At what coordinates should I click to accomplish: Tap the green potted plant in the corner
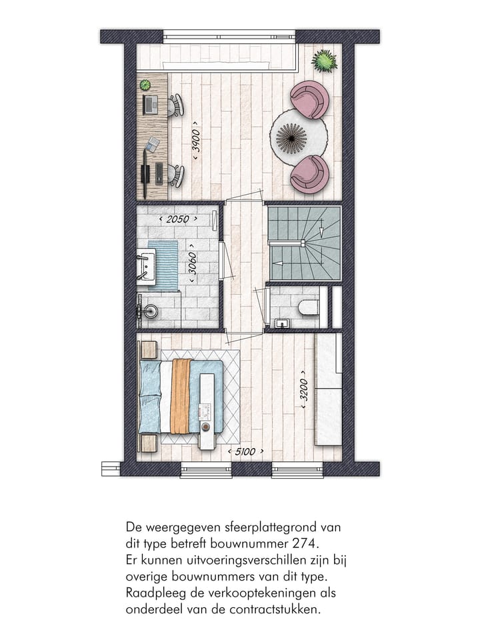[x=325, y=61]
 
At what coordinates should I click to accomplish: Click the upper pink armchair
[x=309, y=99]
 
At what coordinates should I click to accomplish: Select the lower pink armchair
[x=309, y=173]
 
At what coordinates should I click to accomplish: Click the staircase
[x=305, y=243]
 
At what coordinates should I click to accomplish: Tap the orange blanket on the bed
[x=181, y=396]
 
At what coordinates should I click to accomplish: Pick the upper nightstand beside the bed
[x=148, y=350]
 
